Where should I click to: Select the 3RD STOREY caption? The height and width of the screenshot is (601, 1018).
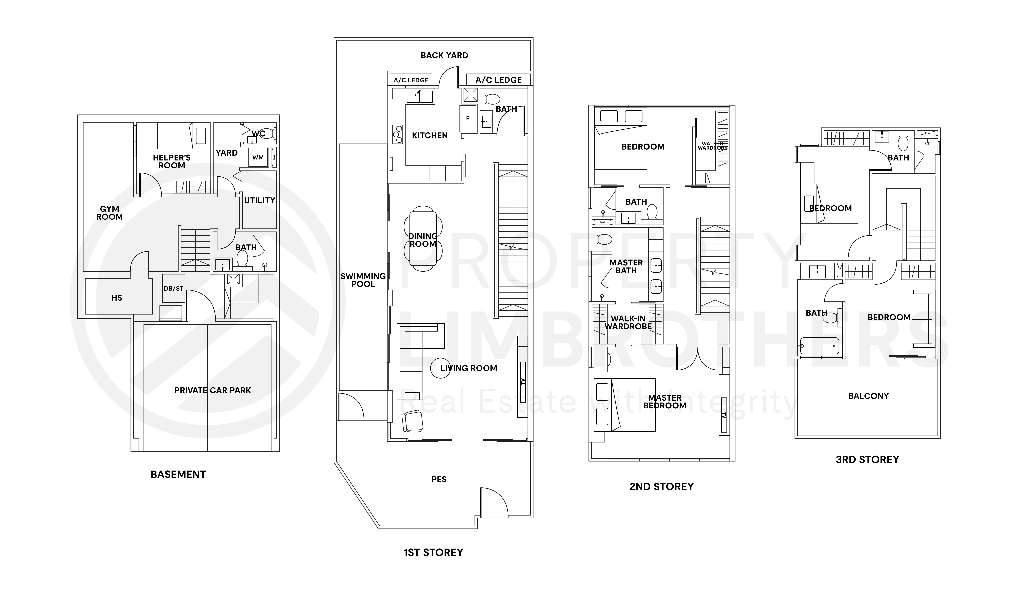(867, 459)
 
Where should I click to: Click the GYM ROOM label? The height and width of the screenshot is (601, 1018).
(109, 213)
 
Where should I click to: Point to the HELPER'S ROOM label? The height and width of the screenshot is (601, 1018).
(172, 161)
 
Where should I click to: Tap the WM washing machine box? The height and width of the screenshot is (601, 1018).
(258, 158)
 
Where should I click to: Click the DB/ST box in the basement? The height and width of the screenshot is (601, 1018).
(173, 288)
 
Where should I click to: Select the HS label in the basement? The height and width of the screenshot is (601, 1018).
(117, 298)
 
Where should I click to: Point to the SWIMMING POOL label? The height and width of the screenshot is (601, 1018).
(363, 280)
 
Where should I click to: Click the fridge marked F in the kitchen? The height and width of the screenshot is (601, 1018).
(468, 119)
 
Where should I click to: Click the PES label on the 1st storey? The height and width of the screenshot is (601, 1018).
(439, 479)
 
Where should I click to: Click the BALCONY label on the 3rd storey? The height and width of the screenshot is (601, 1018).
(868, 396)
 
